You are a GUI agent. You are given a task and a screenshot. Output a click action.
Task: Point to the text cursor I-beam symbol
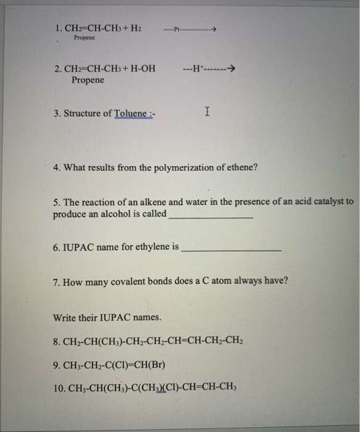(x=208, y=112)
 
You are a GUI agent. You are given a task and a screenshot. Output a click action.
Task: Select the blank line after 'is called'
(x=210, y=217)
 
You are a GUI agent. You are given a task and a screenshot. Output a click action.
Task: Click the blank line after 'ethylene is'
(x=232, y=249)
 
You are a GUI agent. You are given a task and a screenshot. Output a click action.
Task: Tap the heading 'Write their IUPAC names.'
(x=108, y=318)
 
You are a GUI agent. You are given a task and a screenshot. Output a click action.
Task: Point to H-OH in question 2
(x=141, y=68)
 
